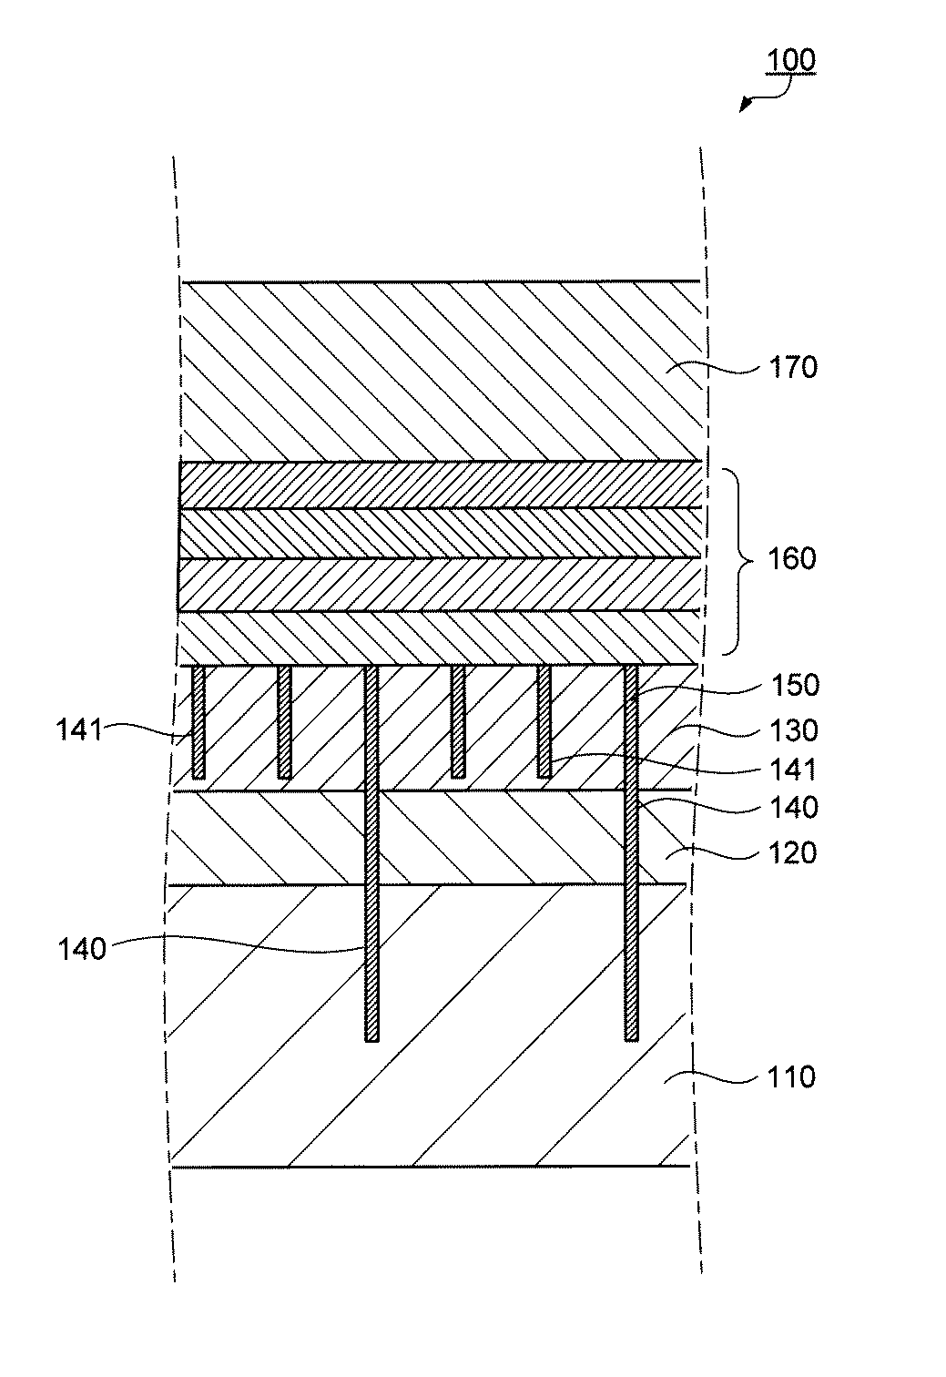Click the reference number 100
point(790,61)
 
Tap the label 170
point(794,367)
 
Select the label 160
point(792,558)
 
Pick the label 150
point(795,685)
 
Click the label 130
point(795,730)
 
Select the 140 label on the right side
point(795,808)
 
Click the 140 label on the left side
point(83,949)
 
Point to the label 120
point(793,853)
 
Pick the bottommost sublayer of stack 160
point(437,637)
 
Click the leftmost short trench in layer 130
point(198,721)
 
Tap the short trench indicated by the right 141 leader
point(544,721)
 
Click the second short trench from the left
point(284,721)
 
